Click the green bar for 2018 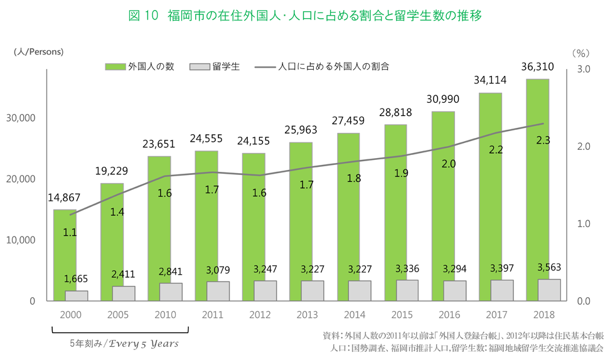coord(537,188)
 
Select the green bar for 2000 coord(65,251)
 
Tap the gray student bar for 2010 coord(171,292)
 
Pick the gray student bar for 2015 coord(407,290)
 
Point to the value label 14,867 coord(65,198)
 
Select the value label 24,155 coord(254,141)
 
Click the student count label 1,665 coord(77,278)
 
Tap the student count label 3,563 coord(548,267)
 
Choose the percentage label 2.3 coord(543,140)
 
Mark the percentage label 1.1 coord(70,232)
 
